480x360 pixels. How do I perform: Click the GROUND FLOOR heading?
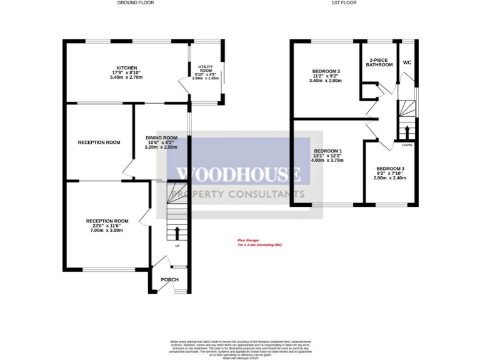pos(136,2)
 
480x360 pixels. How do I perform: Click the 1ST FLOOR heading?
pos(344,2)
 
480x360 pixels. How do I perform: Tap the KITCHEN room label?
pos(126,68)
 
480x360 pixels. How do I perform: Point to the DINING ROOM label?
pos(161,137)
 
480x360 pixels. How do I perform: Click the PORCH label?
pos(169,279)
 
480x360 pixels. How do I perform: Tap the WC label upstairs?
pos(407,62)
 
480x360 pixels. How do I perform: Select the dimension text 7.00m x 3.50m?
pos(107,231)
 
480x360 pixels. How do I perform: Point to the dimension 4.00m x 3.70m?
pos(327,161)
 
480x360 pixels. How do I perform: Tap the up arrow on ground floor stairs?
pos(177,233)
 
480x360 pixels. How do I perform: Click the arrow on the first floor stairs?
pos(407,132)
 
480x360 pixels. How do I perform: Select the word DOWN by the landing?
pos(407,145)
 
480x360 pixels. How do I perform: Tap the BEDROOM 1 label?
pos(327,152)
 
